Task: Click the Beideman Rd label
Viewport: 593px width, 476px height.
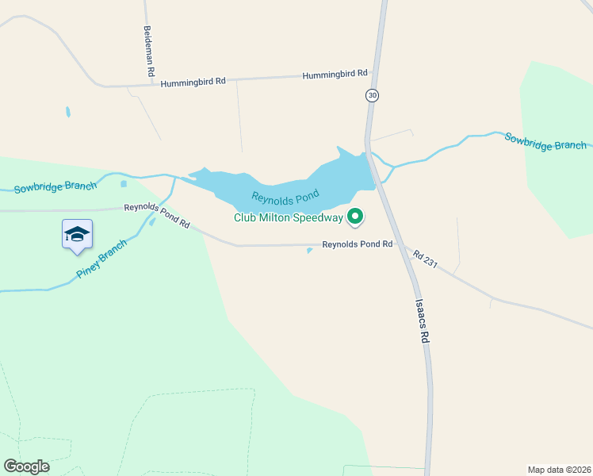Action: point(148,50)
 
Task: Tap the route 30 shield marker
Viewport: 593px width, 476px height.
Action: point(373,95)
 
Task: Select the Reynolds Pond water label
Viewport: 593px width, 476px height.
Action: point(285,195)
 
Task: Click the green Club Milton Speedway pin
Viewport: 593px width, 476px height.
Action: point(356,216)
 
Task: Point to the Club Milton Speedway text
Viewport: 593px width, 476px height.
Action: point(288,217)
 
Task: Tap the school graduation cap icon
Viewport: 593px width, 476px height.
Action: point(77,234)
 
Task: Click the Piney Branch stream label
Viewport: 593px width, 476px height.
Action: point(101,259)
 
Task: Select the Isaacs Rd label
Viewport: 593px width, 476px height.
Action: point(423,321)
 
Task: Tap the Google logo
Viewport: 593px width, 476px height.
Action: point(26,466)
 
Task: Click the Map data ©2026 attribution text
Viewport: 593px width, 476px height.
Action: point(559,469)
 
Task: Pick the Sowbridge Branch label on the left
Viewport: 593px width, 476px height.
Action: point(55,187)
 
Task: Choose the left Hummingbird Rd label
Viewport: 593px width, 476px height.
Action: point(193,82)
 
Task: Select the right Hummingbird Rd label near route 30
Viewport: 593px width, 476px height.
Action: point(335,74)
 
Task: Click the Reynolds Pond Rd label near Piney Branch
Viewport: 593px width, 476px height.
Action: point(157,216)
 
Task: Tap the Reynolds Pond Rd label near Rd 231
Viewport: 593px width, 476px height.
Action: point(357,244)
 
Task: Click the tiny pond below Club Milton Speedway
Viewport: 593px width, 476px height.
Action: point(309,251)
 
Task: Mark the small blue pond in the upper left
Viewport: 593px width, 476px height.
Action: point(68,112)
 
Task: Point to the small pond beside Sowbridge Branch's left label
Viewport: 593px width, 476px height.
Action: point(124,184)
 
